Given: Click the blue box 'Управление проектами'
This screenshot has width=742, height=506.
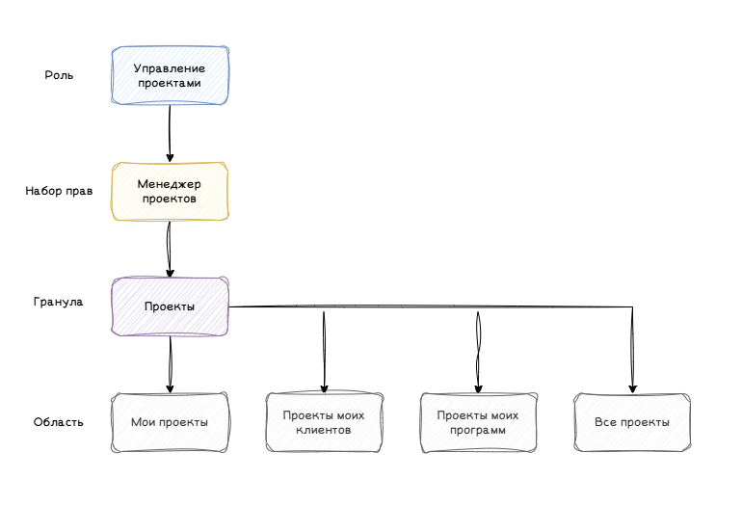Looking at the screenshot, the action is click(170, 75).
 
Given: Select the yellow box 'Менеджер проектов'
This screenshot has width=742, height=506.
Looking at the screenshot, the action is click(170, 191).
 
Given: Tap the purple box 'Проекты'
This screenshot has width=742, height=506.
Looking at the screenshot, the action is click(170, 306).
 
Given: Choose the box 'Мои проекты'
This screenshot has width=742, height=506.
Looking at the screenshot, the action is click(170, 422).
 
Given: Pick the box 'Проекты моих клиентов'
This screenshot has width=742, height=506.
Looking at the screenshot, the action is click(324, 422).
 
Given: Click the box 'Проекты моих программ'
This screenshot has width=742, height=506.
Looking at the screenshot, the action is click(478, 422).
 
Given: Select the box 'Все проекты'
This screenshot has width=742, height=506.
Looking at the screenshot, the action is click(632, 422).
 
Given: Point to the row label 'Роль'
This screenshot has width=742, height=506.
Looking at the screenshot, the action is click(59, 75).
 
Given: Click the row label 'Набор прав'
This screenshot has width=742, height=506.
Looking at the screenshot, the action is click(59, 191).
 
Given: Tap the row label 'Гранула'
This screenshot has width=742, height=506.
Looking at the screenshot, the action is click(58, 302).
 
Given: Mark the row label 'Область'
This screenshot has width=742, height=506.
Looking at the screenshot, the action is click(58, 422).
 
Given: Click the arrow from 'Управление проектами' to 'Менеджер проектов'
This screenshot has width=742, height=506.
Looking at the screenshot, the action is click(170, 133).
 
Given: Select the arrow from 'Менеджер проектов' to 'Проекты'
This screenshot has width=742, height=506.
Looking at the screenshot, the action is click(170, 249).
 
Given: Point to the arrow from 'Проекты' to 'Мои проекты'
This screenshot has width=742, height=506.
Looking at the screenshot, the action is click(170, 364).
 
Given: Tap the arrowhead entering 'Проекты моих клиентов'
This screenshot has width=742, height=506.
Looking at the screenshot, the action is click(324, 389).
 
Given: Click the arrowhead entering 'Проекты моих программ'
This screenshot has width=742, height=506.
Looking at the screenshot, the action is click(478, 389).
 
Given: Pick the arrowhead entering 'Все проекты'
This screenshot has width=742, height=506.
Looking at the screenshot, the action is click(633, 389).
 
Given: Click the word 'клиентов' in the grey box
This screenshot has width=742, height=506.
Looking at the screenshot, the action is click(324, 430).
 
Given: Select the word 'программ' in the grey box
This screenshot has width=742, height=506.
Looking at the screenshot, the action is click(478, 430).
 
